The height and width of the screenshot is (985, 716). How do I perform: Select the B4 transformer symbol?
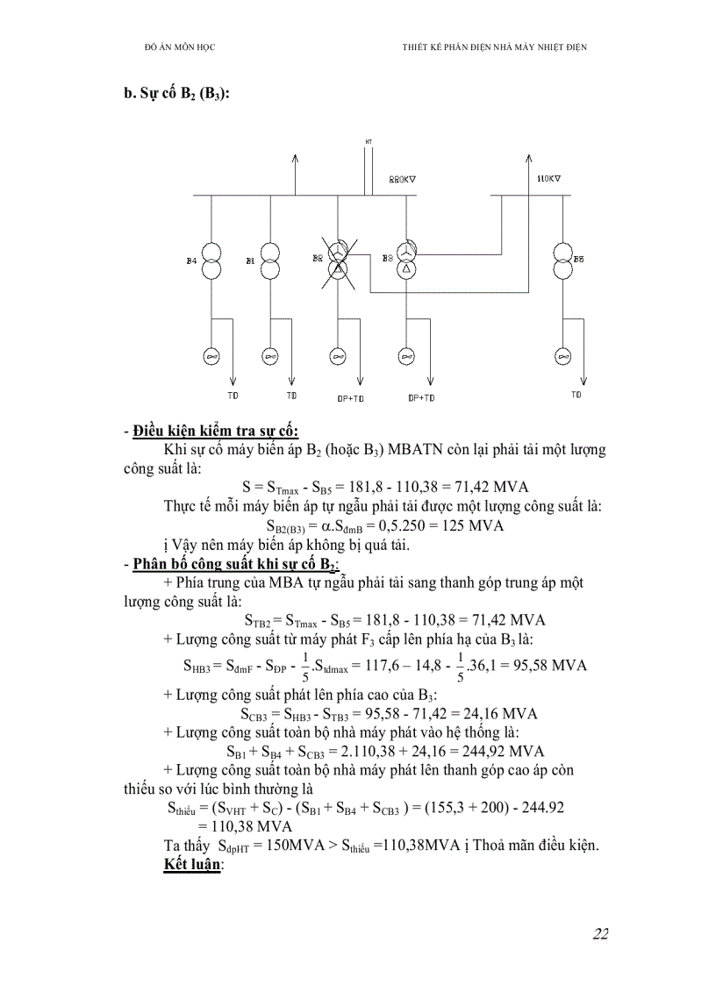coord(211,261)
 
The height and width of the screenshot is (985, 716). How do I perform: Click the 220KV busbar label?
coord(402,179)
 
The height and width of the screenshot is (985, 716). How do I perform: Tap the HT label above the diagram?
coord(369,141)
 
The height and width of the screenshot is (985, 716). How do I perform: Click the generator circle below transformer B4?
coord(211,356)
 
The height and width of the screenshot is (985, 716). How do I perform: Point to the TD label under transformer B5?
coord(576,395)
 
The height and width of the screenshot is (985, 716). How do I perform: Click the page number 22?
coord(600,932)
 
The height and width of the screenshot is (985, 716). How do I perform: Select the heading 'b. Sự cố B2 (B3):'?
coord(176,95)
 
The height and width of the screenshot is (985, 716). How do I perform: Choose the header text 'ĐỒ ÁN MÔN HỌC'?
coord(179,46)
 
